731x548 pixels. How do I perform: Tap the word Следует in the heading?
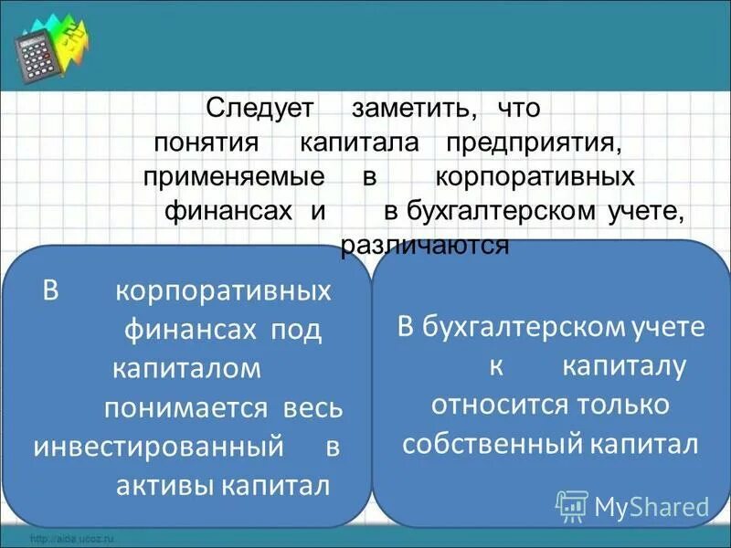coord(260,108)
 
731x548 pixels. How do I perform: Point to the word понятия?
coord(209,143)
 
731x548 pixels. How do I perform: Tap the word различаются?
coord(424,246)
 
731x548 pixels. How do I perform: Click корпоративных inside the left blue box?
coord(223,292)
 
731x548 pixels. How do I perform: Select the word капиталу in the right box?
coord(623,366)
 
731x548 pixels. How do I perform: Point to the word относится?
coord(498,405)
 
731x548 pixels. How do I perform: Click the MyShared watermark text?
coord(652,505)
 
